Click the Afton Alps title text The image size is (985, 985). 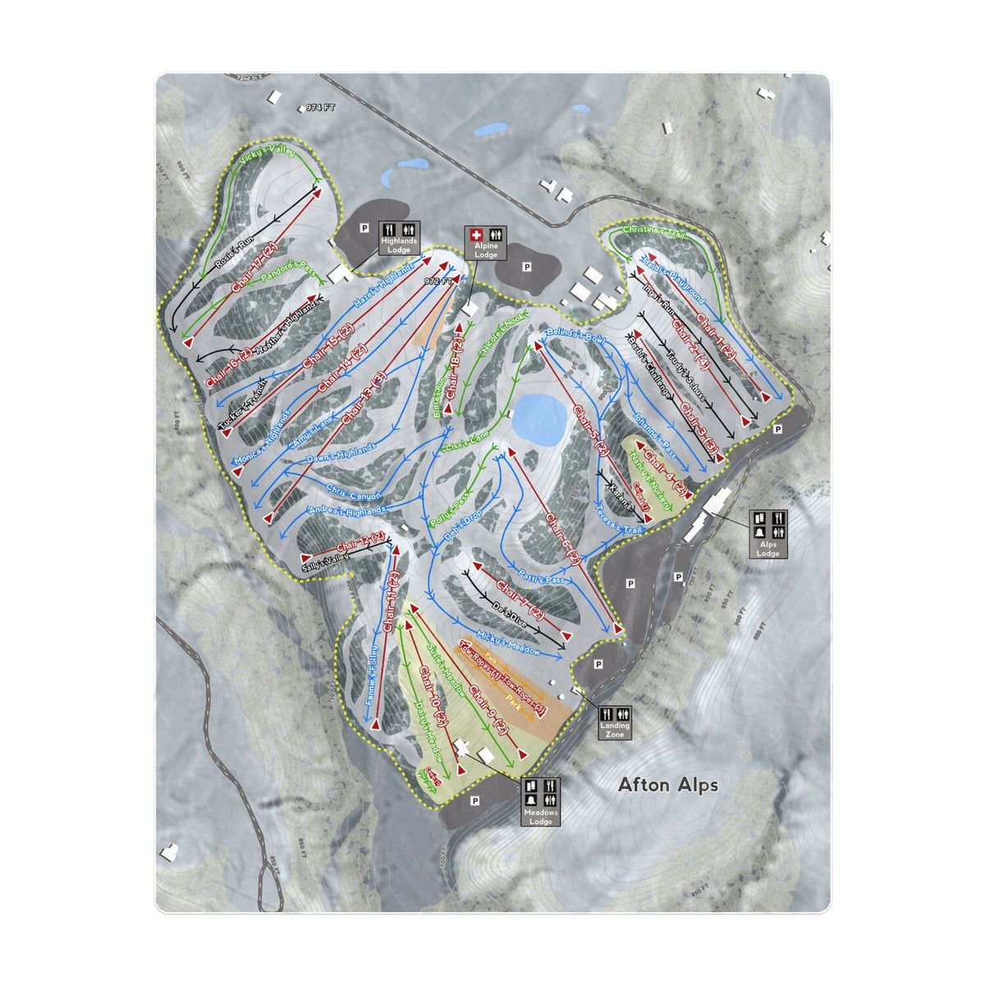tap(667, 786)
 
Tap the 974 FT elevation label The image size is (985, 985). tap(321, 108)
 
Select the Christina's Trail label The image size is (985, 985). tap(653, 231)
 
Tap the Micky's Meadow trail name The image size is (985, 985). tap(510, 643)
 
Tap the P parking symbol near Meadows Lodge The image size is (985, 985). tap(474, 799)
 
